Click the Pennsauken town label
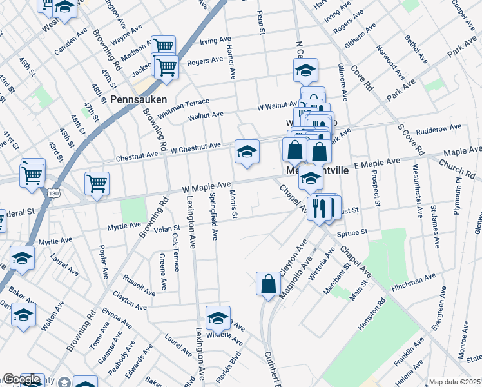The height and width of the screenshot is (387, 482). point(139,100)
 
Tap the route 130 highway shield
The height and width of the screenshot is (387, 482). point(52,193)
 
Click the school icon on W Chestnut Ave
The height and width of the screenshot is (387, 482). point(247,152)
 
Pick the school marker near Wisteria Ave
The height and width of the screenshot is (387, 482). point(218,319)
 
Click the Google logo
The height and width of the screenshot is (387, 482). point(21,380)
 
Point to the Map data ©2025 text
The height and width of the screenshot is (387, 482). point(455,382)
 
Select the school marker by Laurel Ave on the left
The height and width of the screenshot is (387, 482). point(22,258)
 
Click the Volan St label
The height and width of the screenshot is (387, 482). point(166,228)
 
